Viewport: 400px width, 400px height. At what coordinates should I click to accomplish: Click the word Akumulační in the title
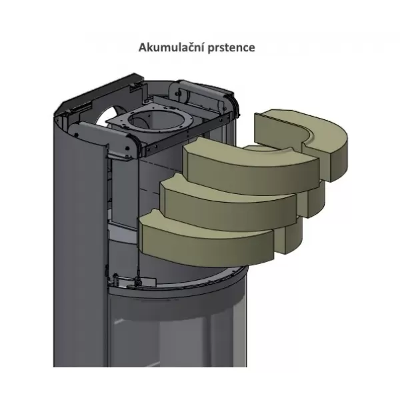coord(172,47)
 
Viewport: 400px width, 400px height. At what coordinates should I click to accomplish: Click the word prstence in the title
coord(231,48)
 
